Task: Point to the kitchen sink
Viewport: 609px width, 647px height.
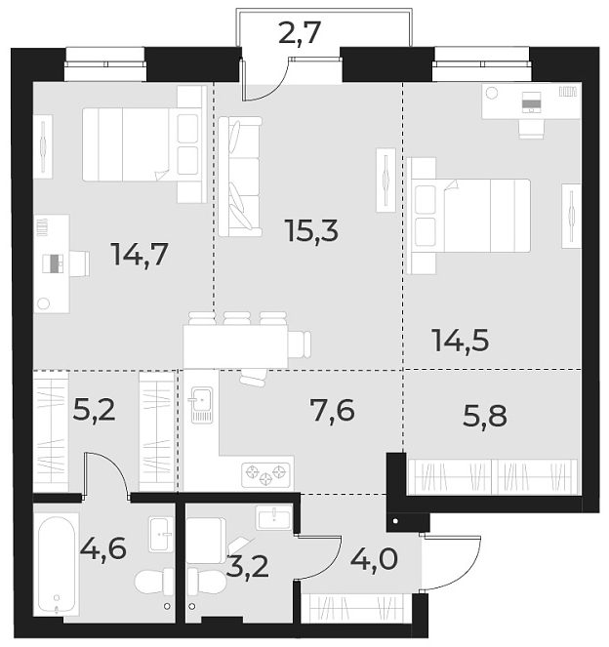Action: pos(201,403)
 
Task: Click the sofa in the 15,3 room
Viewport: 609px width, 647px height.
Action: pos(240,176)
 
